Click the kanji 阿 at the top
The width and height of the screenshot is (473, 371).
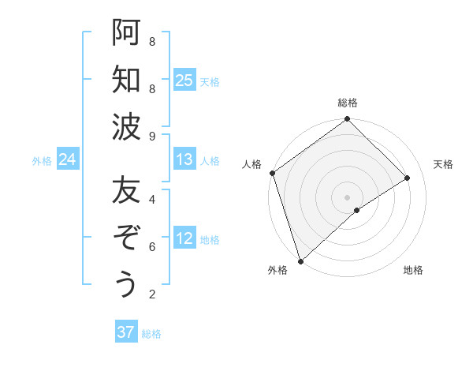[x=126, y=32]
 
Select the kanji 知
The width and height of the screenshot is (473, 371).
[x=126, y=80]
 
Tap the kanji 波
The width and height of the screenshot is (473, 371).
[x=126, y=127]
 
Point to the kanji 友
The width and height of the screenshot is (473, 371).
[x=126, y=189]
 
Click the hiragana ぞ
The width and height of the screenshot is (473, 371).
[x=126, y=237]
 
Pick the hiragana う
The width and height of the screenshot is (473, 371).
[x=126, y=284]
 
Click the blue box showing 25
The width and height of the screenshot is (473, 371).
[x=184, y=81]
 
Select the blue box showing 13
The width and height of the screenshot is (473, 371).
[x=184, y=160]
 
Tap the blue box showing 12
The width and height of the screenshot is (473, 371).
[x=184, y=239]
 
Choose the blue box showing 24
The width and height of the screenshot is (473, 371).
[x=68, y=160]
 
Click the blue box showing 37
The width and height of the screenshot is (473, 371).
[x=126, y=332]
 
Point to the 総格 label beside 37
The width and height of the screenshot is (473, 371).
[x=152, y=334]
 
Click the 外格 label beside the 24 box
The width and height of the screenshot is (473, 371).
[x=42, y=161]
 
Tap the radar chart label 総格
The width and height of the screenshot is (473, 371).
[x=348, y=103]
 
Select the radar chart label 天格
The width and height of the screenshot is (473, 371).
[x=443, y=164]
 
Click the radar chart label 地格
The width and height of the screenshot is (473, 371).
[x=413, y=271]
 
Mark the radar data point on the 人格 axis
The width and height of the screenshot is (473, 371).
[x=272, y=173]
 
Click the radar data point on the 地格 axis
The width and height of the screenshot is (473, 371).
[x=357, y=210]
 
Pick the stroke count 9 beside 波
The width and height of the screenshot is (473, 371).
[x=152, y=137]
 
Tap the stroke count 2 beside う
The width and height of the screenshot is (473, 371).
[x=152, y=295]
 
